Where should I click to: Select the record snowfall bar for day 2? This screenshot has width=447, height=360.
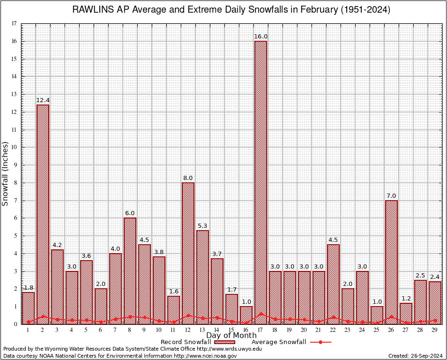(x=43, y=211)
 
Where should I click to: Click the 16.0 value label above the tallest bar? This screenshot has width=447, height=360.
(x=261, y=37)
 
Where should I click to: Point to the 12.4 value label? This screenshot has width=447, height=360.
(x=43, y=100)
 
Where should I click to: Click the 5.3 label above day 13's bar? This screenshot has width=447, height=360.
(x=202, y=226)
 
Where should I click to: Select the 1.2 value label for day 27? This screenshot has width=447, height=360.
(x=406, y=299)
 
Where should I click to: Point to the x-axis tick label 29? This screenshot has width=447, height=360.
(x=435, y=330)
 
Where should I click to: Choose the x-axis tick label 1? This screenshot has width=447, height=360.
(x=28, y=330)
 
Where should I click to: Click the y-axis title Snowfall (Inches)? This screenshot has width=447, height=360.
(x=5, y=173)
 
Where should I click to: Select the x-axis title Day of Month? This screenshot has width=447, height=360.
(x=231, y=336)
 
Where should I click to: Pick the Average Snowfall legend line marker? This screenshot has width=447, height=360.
(x=320, y=342)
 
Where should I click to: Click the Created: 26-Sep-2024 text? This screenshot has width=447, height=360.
(x=415, y=356)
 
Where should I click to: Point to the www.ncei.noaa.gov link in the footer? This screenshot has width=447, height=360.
(x=205, y=356)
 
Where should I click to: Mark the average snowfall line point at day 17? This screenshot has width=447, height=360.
(x=261, y=314)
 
